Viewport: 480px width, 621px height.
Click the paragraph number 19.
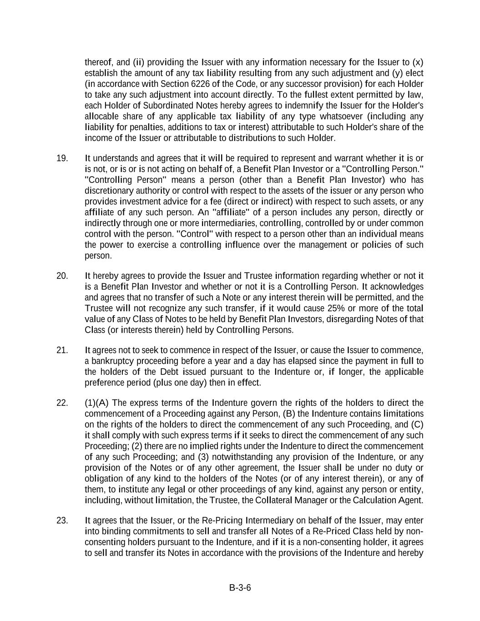62,158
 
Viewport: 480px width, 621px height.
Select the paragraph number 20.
62,276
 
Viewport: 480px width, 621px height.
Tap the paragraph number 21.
62,350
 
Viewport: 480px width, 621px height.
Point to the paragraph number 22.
62,403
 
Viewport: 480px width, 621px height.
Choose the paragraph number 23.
62,520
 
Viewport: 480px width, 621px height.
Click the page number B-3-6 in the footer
240,587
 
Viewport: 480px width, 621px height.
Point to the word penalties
137,127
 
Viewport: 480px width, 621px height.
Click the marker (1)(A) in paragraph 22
96,403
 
